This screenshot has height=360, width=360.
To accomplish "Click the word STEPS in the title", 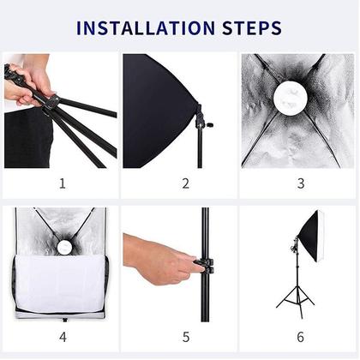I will (248, 28).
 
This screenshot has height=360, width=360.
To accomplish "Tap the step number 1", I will (62, 183).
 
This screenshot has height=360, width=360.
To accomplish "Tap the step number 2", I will (185, 183).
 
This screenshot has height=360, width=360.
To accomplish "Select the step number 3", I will (300, 183).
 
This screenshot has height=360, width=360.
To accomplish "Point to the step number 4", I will (62, 337).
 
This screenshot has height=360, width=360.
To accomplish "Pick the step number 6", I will (300, 337).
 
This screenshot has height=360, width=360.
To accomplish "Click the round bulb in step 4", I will (63, 247).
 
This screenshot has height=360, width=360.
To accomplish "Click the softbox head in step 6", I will (310, 236).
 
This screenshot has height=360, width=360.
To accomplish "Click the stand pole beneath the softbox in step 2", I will (200, 150).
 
